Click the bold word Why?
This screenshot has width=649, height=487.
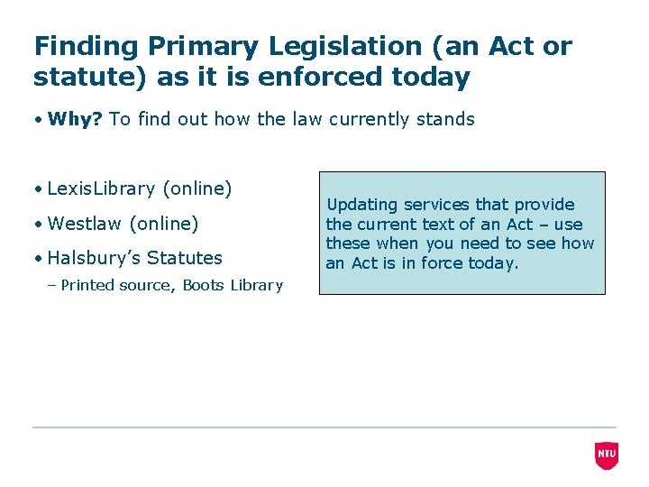pyautogui.click(x=75, y=119)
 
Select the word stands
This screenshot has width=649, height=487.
pyautogui.click(x=445, y=119)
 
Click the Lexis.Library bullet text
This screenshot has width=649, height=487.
pyautogui.click(x=101, y=188)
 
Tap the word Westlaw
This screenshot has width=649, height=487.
pyautogui.click(x=85, y=223)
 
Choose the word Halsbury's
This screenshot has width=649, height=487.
pyautogui.click(x=94, y=258)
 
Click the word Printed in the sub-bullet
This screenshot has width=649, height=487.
pyautogui.click(x=87, y=285)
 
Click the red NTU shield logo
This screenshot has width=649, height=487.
pyautogui.click(x=607, y=455)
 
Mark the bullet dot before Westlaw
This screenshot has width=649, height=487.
pyautogui.click(x=40, y=224)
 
